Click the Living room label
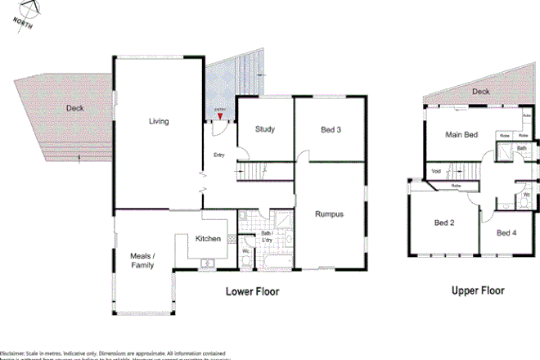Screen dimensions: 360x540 tap(159, 122)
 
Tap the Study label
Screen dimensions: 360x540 tap(264, 129)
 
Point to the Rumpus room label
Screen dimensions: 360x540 tap(329, 214)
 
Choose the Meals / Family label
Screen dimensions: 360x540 tap(143, 259)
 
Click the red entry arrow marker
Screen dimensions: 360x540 tap(219, 117)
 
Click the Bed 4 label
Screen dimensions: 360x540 tap(507, 233)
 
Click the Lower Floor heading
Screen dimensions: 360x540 tap(253, 291)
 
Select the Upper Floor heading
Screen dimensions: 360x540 tap(478, 290)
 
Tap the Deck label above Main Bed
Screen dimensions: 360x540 tap(480, 92)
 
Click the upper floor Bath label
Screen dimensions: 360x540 tap(521, 148)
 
